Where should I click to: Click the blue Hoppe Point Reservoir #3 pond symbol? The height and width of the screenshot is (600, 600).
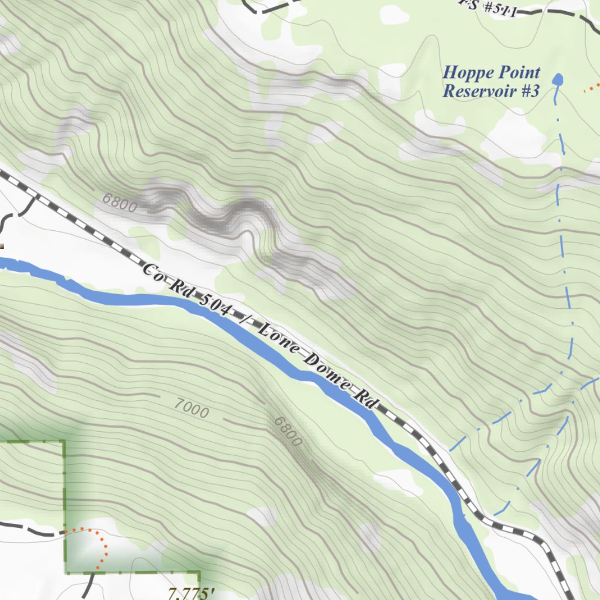[x=557, y=80]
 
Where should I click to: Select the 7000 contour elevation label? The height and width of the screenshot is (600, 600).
[x=191, y=408]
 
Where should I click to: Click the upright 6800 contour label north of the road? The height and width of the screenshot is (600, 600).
[x=119, y=203]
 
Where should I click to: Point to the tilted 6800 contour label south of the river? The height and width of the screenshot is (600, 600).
[x=288, y=431]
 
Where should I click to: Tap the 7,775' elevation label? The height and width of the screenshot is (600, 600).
[x=189, y=593]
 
